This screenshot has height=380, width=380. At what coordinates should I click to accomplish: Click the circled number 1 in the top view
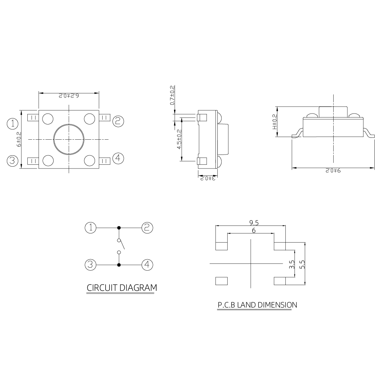pos(13,123)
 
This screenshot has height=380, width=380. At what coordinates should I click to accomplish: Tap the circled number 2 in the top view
pos(118,121)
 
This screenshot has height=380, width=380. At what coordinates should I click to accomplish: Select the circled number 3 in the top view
pos(13,161)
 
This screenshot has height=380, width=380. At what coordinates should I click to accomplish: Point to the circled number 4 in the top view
pos(118,158)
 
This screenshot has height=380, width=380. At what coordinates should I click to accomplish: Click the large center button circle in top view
pos(69,139)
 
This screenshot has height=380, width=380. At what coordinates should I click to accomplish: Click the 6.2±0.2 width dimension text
pos(69,96)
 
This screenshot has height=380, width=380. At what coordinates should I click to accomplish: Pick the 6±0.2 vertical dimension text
pos(18,139)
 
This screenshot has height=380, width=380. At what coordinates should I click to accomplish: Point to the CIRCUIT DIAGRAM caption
pos(122,288)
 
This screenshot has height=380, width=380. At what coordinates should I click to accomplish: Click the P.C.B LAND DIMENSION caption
pos(257,304)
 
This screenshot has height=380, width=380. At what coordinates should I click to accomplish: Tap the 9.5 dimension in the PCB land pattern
pos(254,222)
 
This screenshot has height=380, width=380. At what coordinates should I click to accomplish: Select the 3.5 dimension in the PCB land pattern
pos(292,265)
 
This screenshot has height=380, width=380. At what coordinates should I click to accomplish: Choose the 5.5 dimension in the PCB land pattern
pos(302,264)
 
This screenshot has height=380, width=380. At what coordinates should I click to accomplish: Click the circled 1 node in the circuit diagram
pos(90,228)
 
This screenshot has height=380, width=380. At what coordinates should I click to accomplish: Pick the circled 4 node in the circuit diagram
pos(147,264)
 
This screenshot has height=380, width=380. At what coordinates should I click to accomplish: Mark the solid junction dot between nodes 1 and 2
pos(119,228)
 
